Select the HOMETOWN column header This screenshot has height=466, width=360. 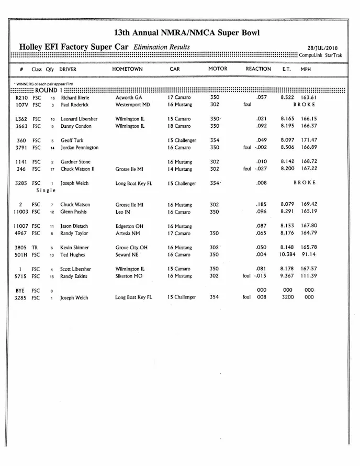click(x=127, y=69)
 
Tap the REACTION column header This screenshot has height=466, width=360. click(x=258, y=69)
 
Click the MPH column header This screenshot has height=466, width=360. click(x=306, y=69)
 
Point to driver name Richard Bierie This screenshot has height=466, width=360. click(x=75, y=97)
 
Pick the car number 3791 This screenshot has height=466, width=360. click(x=21, y=148)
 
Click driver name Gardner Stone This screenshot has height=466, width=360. click(x=75, y=162)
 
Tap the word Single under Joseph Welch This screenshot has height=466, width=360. click(x=46, y=191)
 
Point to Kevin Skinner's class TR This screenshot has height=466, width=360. click(x=36, y=248)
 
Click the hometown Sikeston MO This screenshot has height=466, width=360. click(x=131, y=276)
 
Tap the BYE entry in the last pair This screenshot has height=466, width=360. click(x=20, y=290)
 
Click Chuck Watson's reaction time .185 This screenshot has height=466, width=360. click(x=261, y=205)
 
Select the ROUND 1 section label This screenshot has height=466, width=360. click(x=46, y=90)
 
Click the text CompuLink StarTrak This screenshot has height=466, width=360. click(x=320, y=55)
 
